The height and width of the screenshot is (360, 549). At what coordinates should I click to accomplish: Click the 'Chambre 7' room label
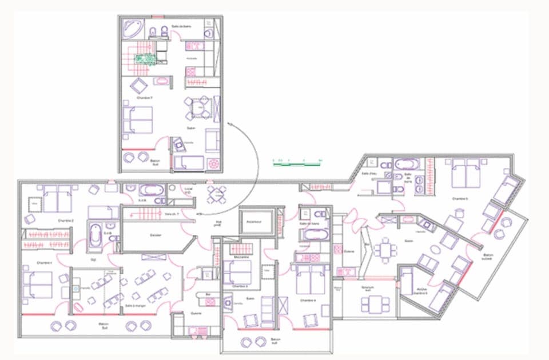coord(144,98)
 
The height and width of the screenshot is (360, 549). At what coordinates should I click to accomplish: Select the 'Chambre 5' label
coord(459,198)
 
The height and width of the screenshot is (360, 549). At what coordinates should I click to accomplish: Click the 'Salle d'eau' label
coord(368,174)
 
